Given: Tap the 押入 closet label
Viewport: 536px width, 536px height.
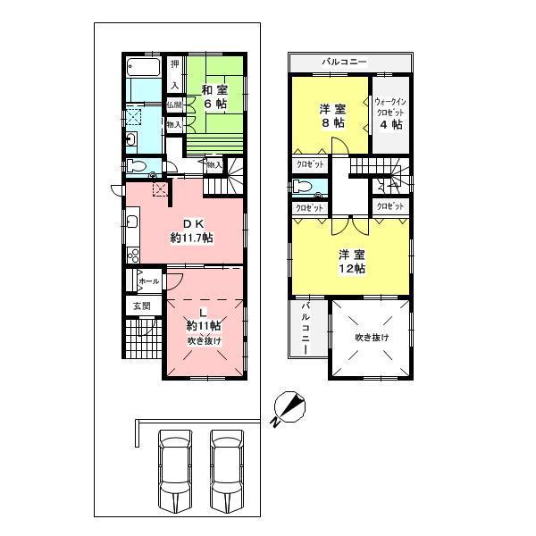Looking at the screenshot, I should [x=175, y=74].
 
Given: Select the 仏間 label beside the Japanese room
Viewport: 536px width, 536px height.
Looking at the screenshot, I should [x=174, y=105].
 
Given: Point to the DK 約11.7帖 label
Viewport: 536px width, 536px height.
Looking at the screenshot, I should [x=191, y=230].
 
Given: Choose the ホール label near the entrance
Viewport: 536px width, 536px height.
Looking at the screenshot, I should [x=148, y=281].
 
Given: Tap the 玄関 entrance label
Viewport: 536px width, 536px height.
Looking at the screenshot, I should [x=142, y=306].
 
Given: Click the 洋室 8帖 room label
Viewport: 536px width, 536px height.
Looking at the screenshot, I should [x=332, y=116].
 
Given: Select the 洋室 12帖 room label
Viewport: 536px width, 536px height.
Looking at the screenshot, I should [x=351, y=262].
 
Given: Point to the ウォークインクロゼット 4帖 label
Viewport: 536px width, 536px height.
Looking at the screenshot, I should [x=389, y=113].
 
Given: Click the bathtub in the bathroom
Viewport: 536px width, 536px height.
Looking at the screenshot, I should [x=143, y=67].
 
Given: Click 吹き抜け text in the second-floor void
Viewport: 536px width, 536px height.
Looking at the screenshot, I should [x=371, y=337].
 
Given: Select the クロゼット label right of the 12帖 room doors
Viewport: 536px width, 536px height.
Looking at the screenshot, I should [x=390, y=206].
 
